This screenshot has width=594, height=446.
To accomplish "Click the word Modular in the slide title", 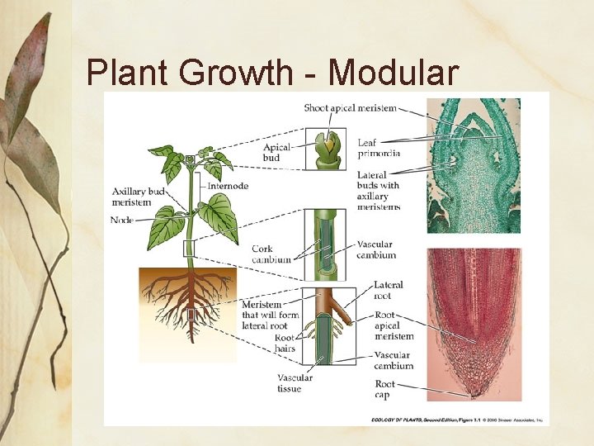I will [394, 73].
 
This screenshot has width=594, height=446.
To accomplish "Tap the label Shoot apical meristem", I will [350, 108].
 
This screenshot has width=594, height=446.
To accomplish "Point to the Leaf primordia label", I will [379, 148].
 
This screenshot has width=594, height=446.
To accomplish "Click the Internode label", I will [229, 186].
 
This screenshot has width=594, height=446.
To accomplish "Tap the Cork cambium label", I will [271, 254].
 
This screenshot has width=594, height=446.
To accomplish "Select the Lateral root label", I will [388, 289].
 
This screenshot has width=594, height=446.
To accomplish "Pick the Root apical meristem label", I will [394, 325].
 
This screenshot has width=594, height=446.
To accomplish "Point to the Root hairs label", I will [285, 343].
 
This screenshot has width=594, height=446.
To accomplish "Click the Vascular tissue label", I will [295, 383].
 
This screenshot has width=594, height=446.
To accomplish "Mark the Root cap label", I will [384, 389].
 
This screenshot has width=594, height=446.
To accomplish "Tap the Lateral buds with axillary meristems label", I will [379, 190].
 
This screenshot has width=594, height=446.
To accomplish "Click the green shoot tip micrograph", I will [474, 165].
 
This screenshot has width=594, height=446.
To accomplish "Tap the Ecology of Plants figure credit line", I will [455, 420].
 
